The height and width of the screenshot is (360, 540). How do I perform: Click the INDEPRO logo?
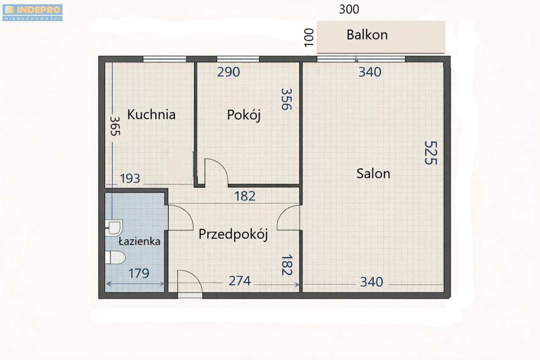tap(32, 13)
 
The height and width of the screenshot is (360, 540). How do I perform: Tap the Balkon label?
tap(367, 35)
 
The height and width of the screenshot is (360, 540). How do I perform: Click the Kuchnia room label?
tap(151, 114)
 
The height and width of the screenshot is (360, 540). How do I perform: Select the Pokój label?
tap(244, 115)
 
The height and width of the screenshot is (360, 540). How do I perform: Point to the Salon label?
tap(373, 173)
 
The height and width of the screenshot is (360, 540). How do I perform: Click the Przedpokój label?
tap(233, 234)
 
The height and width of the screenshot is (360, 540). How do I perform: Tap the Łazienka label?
tap(140, 241)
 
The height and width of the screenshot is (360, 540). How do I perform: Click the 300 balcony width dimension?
tap(349, 9)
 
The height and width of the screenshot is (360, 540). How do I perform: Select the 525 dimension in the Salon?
tap(431, 153)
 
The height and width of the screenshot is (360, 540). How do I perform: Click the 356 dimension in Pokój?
tap(286, 99)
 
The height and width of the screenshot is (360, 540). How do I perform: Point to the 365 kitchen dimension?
tap(115, 126)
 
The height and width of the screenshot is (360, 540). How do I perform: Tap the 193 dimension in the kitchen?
tap(130, 179)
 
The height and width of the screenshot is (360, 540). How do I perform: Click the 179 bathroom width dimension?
tap(139, 273)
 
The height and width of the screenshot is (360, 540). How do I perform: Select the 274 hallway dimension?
tap(240, 281)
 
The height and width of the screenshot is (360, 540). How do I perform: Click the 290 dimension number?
tap(228, 72)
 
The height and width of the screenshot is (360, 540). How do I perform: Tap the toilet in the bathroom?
tap(115, 257)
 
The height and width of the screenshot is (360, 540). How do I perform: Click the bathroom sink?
tap(114, 228)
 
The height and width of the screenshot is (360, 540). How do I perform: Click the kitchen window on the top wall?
tap(165, 59)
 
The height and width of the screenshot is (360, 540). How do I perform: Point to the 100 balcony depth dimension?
tap(309, 38)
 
